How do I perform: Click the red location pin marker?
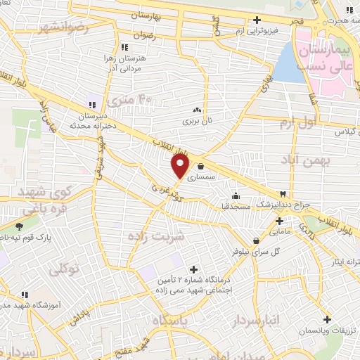[181, 167]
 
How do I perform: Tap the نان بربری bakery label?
[196, 121]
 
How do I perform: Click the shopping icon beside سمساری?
[202, 167]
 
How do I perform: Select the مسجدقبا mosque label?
[235, 207]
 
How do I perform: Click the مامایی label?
[279, 230]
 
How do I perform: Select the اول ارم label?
[295, 124]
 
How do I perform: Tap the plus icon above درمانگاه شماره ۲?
[194, 269]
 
